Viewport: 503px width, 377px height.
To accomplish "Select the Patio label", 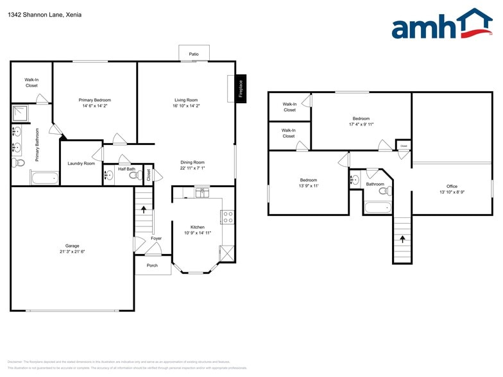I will coord(194,54).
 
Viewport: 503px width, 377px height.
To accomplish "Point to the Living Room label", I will coord(186,100).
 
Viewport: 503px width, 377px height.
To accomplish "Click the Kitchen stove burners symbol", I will coord(227,217).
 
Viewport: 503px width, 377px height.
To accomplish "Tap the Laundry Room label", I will coord(81,163).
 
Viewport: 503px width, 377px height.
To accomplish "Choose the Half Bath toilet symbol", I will coord(133,175).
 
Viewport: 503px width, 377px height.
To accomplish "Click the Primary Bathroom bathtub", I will coord(44,178).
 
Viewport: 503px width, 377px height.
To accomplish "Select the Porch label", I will coord(152,265).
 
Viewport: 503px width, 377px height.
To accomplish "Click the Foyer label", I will coord(157,239).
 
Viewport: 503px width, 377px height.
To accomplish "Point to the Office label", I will coord(452,187).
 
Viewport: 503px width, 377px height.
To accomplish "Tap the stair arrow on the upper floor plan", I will coord(402,239).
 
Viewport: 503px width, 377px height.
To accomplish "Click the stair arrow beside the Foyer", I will coord(144,208).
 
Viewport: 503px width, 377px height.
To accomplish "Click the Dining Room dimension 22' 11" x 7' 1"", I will coord(192,169).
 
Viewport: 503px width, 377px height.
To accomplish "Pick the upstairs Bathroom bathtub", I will coord(377,207).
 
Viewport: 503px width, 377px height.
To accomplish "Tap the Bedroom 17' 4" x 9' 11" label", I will coord(361,121).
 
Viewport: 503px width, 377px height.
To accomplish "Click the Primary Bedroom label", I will coord(95,103).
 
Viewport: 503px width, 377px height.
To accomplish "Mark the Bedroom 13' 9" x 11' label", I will coord(309,183).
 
